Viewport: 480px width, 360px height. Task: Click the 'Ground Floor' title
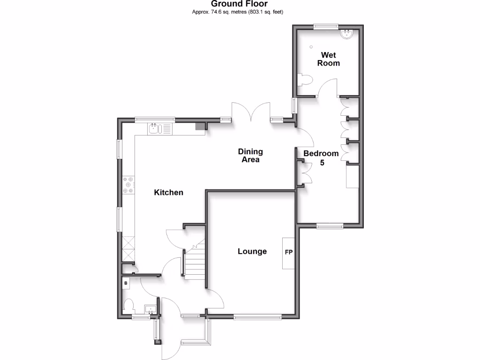pos(239,4)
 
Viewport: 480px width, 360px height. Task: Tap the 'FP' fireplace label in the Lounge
pos(289,253)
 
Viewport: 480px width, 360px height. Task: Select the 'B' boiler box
pos(126,283)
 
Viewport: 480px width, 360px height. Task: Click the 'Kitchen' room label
pos(169,192)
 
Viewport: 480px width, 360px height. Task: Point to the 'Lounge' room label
pos(252,251)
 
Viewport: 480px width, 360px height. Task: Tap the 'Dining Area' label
pos(250,155)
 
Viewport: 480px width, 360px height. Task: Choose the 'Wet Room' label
pos(329,59)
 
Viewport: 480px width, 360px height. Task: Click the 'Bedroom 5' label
pos(321,158)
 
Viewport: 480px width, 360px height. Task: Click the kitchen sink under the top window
pos(155,128)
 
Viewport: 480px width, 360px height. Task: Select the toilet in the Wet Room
pos(305,80)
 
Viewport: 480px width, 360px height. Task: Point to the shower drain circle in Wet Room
pos(311,46)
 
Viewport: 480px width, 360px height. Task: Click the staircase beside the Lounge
pos(195,262)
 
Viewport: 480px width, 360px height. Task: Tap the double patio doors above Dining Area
pos(251,115)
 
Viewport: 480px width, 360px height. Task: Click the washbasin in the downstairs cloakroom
pos(150,310)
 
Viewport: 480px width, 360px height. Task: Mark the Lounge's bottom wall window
pos(258,317)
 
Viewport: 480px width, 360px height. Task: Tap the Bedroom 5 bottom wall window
pos(330,226)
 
